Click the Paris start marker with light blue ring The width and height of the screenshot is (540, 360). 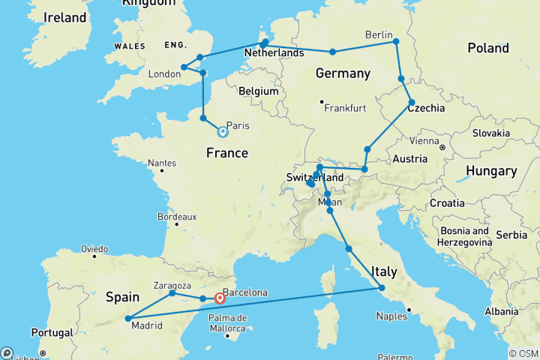tap(223, 132)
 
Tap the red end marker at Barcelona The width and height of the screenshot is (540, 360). tap(220, 298)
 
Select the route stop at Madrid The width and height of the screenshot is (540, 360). tap(127, 319)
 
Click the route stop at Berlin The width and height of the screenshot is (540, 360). tap(397, 42)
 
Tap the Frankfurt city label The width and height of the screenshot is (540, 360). tap(344, 108)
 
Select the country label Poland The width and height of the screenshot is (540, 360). tap(487, 48)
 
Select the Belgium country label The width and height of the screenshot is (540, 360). tap(259, 91)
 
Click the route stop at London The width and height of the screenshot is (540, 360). tap(184, 67)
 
